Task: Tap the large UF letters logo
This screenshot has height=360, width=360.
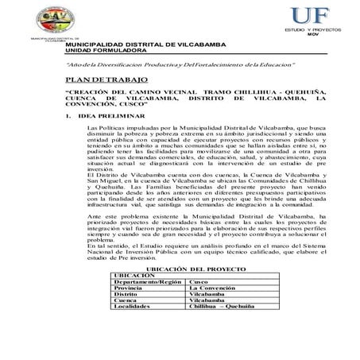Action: click(310, 15)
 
